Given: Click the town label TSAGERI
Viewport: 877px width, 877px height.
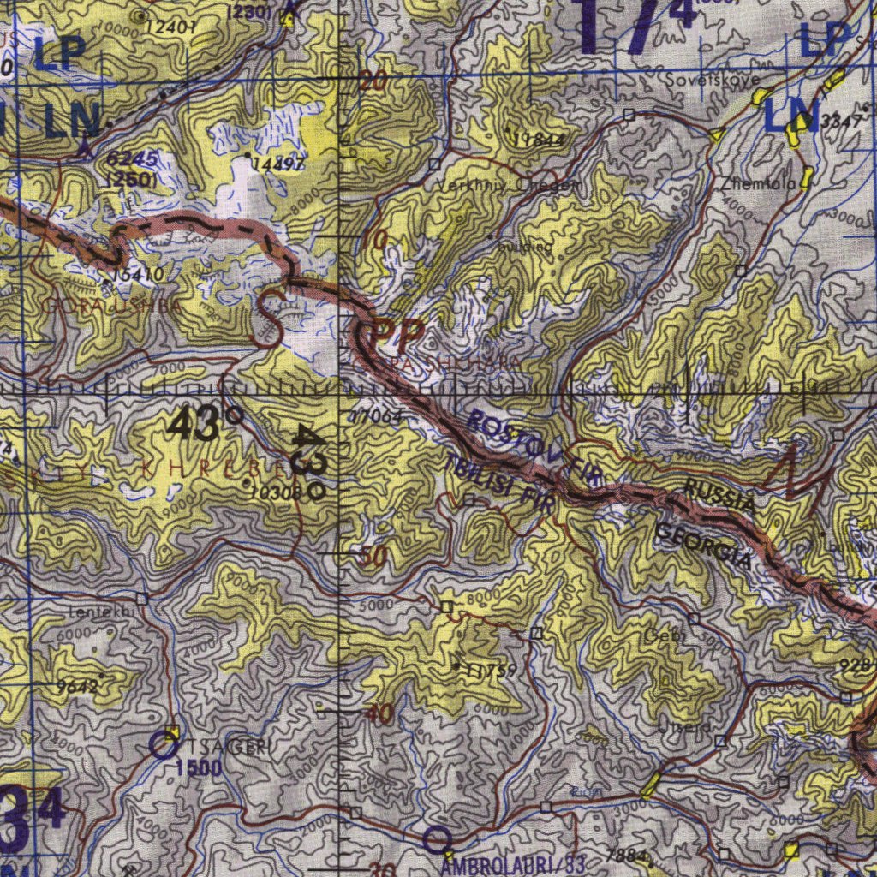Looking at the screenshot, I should click(226, 747).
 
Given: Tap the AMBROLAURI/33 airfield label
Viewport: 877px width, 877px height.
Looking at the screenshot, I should click(514, 866).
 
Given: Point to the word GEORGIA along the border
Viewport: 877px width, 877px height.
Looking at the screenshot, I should click(704, 546).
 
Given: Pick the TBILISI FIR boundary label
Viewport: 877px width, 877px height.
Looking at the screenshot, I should click(498, 485).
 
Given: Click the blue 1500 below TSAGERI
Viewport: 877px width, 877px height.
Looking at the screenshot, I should click(199, 768).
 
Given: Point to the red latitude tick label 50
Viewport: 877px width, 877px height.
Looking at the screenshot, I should click(373, 557).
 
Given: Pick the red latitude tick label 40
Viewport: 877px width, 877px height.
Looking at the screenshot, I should click(378, 713).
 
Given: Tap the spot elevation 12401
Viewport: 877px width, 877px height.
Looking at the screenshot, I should click(171, 27).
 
